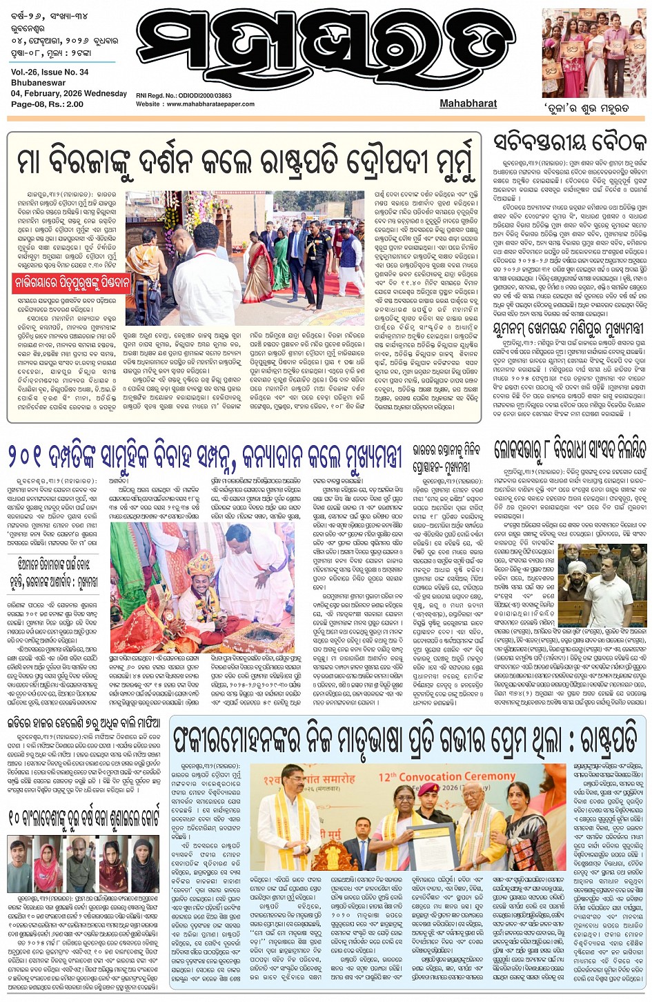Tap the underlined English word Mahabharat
(468, 104)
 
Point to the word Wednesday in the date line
(106, 94)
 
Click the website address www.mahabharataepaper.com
(210, 104)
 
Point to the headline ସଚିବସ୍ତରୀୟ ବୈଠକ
(570, 143)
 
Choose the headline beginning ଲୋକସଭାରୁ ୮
(570, 449)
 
